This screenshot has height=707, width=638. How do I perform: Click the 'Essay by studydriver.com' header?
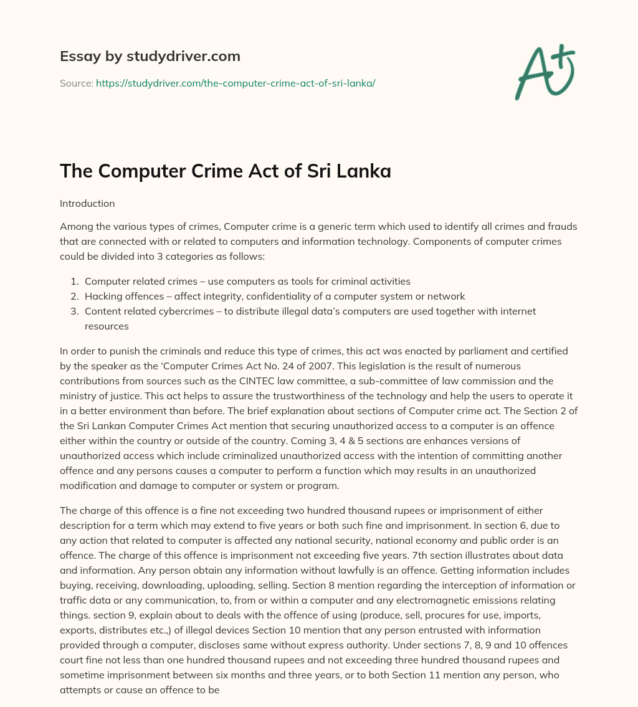[x=150, y=56]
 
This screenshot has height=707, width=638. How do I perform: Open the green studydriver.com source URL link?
[x=236, y=83]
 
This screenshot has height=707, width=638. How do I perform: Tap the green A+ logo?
[x=544, y=72]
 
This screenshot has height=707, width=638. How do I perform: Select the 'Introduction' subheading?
[x=87, y=203]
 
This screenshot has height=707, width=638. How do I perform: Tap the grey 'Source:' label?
[x=76, y=83]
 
